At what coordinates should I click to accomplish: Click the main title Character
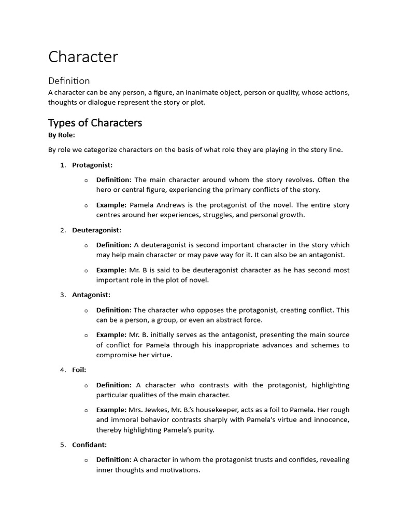tap(83, 57)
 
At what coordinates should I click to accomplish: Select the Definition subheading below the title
tap(69, 81)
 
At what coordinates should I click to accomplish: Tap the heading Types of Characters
tap(95, 123)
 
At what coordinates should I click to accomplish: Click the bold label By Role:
tap(62, 135)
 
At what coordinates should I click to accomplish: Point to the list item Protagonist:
tap(92, 165)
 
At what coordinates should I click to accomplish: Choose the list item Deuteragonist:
tap(96, 230)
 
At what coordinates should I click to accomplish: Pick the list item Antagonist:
tap(91, 295)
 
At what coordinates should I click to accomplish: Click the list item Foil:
tap(79, 370)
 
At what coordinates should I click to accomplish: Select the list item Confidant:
tap(90, 444)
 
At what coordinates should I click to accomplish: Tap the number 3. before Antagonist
tap(63, 295)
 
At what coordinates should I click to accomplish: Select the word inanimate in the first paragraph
tap(198, 93)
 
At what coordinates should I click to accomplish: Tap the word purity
tap(202, 430)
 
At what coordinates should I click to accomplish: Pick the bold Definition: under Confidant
tap(113, 459)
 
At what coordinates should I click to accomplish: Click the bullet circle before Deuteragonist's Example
tap(86, 270)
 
